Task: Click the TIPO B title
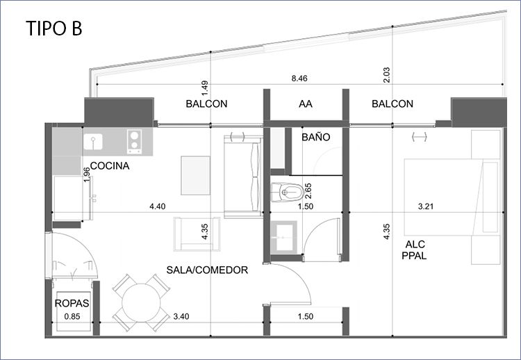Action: pyautogui.click(x=53, y=28)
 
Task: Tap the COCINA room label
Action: pyautogui.click(x=110, y=166)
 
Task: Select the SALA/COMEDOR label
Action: pyautogui.click(x=207, y=270)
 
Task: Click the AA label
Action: pyautogui.click(x=306, y=104)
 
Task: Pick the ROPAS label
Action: pyautogui.click(x=72, y=303)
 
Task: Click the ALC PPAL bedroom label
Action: pyautogui.click(x=415, y=250)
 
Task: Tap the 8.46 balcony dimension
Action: pyautogui.click(x=299, y=79)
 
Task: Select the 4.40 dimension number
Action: pyautogui.click(x=157, y=206)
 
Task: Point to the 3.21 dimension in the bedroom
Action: pyautogui.click(x=426, y=206)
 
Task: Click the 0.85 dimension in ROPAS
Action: pyautogui.click(x=72, y=316)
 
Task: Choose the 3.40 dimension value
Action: pyautogui.click(x=181, y=316)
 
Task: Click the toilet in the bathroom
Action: pyautogui.click(x=287, y=192)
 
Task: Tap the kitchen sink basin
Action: pyautogui.click(x=93, y=142)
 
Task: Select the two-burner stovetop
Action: pyautogui.click(x=134, y=142)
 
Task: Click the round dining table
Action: pyautogui.click(x=141, y=303)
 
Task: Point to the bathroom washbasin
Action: pyautogui.click(x=283, y=238)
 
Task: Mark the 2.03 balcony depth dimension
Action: pyautogui.click(x=386, y=75)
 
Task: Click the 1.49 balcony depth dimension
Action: pyautogui.click(x=205, y=89)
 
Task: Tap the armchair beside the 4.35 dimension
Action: pyautogui.click(x=197, y=234)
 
